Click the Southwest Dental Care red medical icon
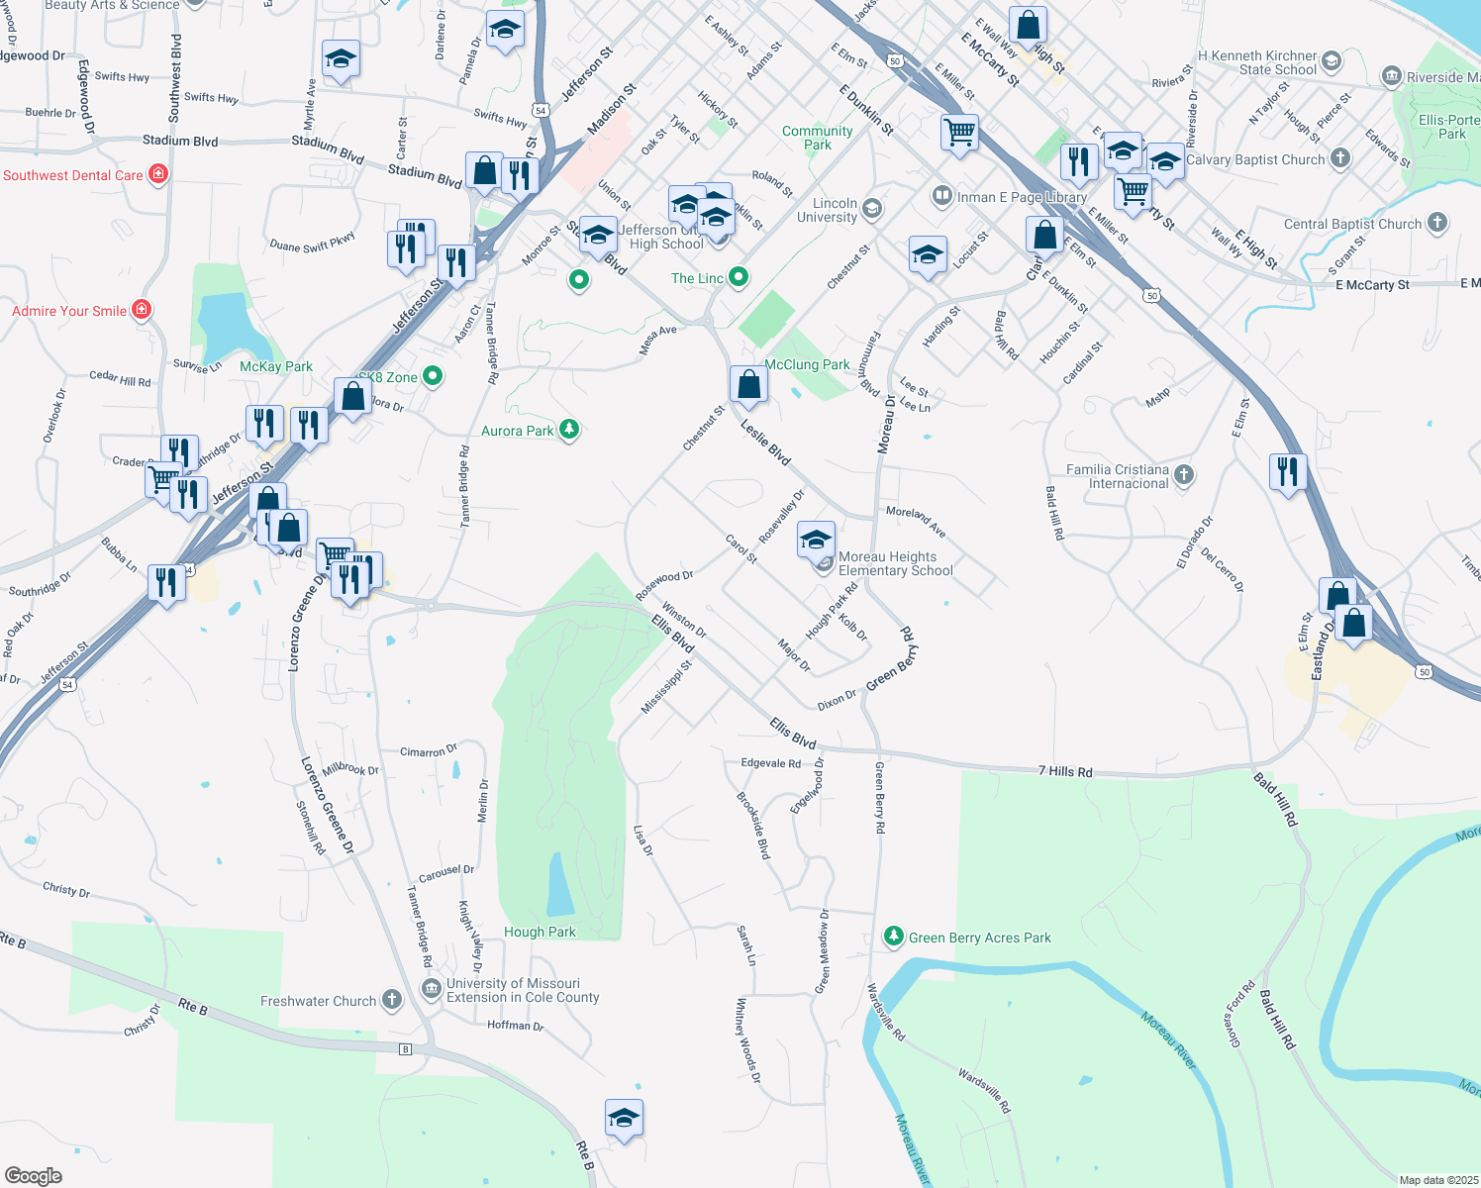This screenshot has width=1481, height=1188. point(157,175)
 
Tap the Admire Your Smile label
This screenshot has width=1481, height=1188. point(69,311)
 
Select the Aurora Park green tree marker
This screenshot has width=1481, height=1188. point(568,430)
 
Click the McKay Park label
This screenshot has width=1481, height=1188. point(276,366)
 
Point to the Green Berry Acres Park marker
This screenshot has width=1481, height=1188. point(894,937)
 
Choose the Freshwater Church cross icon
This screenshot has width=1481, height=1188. point(392,1000)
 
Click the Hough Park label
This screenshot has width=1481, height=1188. point(540,932)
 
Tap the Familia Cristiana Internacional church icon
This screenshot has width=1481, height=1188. point(1184,476)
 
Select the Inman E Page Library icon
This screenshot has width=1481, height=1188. point(942,196)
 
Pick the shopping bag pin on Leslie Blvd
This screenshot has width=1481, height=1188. point(749,384)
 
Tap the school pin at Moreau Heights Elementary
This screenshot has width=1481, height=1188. point(816,540)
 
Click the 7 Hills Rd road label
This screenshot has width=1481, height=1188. point(1065,771)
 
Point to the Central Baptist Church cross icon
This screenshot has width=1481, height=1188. point(1437,224)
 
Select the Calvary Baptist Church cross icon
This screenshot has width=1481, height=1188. point(1339,158)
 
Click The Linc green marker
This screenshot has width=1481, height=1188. point(739,277)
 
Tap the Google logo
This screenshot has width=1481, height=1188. point(34,1176)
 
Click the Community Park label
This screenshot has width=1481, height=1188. point(817,138)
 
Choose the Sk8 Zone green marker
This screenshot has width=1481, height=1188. point(432,376)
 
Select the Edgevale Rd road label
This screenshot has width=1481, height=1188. point(770,763)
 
